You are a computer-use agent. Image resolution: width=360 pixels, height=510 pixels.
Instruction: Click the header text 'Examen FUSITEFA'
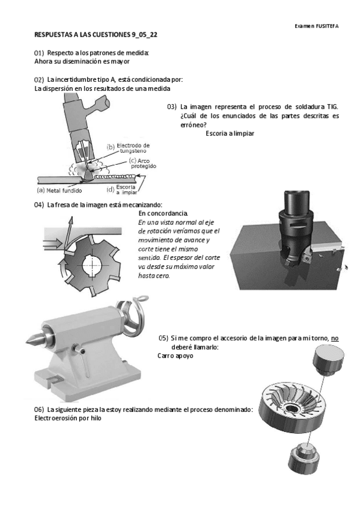tap(317, 26)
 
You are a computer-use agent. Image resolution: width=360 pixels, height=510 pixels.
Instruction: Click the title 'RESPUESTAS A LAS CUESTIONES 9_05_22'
tap(96, 35)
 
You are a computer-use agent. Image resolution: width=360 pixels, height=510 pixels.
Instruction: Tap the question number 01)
tap(39, 53)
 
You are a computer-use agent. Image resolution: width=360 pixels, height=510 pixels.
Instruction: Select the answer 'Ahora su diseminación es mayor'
tap(82, 61)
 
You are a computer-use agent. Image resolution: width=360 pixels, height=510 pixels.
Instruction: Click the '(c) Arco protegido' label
tap(142, 163)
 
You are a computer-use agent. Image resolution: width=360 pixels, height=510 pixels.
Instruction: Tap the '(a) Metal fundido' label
tap(59, 191)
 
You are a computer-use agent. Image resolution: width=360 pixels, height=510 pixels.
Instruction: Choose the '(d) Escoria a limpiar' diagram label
tap(122, 189)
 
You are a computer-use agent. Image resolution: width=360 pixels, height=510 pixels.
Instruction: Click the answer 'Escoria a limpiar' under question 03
tap(230, 134)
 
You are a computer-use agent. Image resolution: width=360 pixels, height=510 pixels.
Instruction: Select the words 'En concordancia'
tap(163, 214)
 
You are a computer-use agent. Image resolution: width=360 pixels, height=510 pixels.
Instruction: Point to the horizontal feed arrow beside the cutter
tap(52, 242)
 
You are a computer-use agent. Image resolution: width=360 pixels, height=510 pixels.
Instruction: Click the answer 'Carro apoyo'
tap(175, 356)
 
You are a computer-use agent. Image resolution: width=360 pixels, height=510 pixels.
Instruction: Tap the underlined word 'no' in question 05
tap(335, 338)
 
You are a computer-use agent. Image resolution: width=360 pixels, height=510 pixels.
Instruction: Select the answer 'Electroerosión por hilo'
tap(68, 418)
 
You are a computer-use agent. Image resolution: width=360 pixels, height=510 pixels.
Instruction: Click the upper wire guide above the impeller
tap(328, 360)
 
